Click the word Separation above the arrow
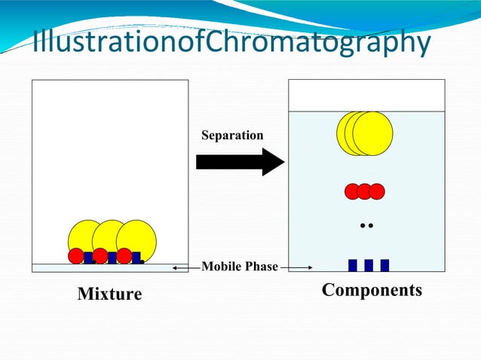pos(232,136)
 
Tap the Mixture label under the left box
pos(109,294)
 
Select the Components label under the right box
pos(372,290)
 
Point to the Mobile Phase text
pos(239,266)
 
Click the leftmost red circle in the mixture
pos(76,256)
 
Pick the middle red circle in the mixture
pos(100,256)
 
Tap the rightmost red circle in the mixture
pos(124,256)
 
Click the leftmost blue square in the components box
pos(352,265)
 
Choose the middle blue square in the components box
pos(369,265)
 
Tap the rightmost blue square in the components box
pos(384,265)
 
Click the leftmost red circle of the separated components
pos(352,191)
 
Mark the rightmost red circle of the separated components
pos(377,191)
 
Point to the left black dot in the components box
pos(363,225)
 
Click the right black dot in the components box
pos(372,225)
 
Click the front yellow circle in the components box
pos(373,133)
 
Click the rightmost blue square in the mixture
pos(136,258)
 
